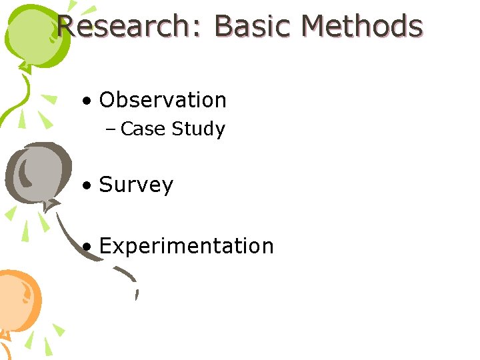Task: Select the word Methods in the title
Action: tap(362, 27)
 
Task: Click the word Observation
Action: tap(163, 100)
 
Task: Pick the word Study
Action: tap(198, 129)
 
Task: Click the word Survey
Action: tap(136, 185)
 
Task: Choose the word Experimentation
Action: tap(186, 246)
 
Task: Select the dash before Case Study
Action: tap(111, 129)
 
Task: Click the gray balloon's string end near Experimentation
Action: tap(136, 293)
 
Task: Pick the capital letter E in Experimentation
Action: tap(106, 246)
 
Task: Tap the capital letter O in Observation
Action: tap(108, 100)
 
